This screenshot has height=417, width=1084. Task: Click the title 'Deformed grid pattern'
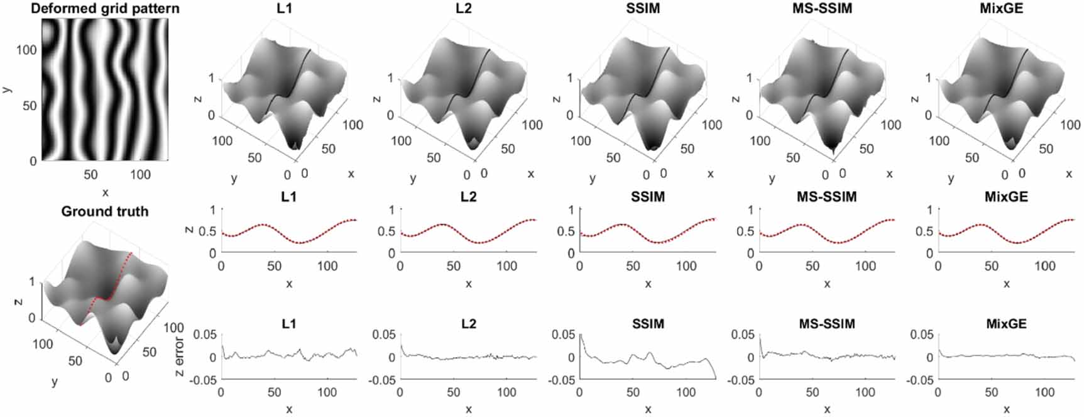tap(105, 9)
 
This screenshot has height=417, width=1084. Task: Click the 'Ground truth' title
tap(105, 211)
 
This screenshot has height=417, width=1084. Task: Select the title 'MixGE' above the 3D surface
tap(1005, 9)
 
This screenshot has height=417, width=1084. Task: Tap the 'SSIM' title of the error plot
tap(648, 323)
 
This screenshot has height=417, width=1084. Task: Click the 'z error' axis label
tap(180, 357)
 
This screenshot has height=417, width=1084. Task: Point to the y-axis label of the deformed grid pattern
tap(6, 89)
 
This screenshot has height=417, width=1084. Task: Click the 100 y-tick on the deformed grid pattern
tap(26, 50)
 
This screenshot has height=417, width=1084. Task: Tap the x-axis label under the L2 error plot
tap(469, 409)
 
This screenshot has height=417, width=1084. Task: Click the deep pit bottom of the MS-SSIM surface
tap(833, 153)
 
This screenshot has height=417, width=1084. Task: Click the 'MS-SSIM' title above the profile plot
tap(826, 197)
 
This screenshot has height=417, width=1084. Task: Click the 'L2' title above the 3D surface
tap(469, 9)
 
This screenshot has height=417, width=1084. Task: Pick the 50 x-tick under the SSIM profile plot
tap(633, 266)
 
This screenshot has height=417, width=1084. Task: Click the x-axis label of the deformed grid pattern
tap(105, 192)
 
